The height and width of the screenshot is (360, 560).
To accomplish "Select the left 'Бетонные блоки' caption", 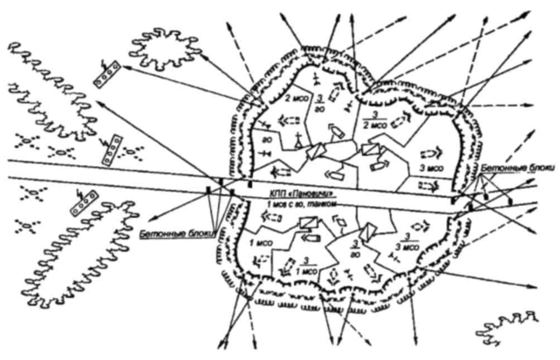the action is click(x=174, y=234).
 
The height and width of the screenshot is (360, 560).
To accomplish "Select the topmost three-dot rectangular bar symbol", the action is click(x=106, y=72).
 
